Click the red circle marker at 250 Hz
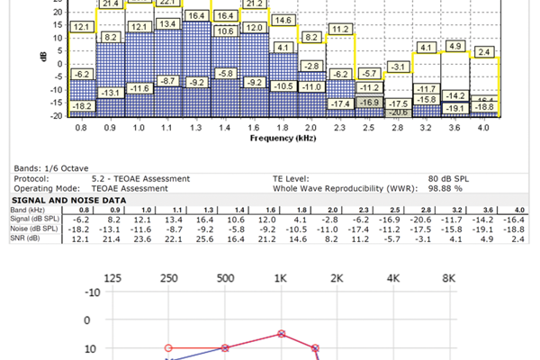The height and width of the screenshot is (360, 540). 167,347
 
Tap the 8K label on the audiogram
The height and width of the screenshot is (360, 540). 449,279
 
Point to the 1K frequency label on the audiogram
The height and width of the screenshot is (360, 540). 282,279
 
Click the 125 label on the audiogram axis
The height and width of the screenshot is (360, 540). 112,279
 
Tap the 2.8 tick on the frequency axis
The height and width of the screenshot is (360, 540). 398,130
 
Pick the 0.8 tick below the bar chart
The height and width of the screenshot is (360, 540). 82,130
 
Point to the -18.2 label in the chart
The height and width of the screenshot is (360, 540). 82,106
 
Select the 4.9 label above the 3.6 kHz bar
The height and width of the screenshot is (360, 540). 455,46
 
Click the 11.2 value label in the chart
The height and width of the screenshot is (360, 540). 340,30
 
